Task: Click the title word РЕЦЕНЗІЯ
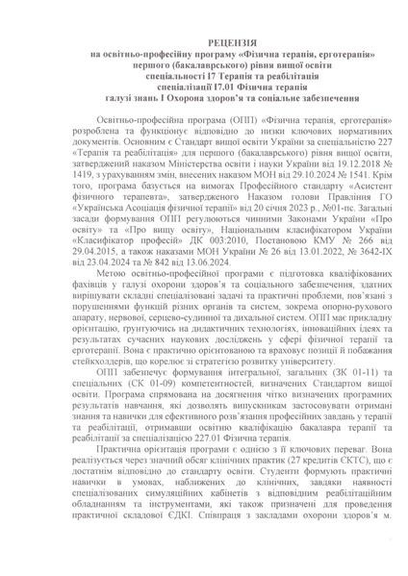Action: pyautogui.click(x=203, y=44)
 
